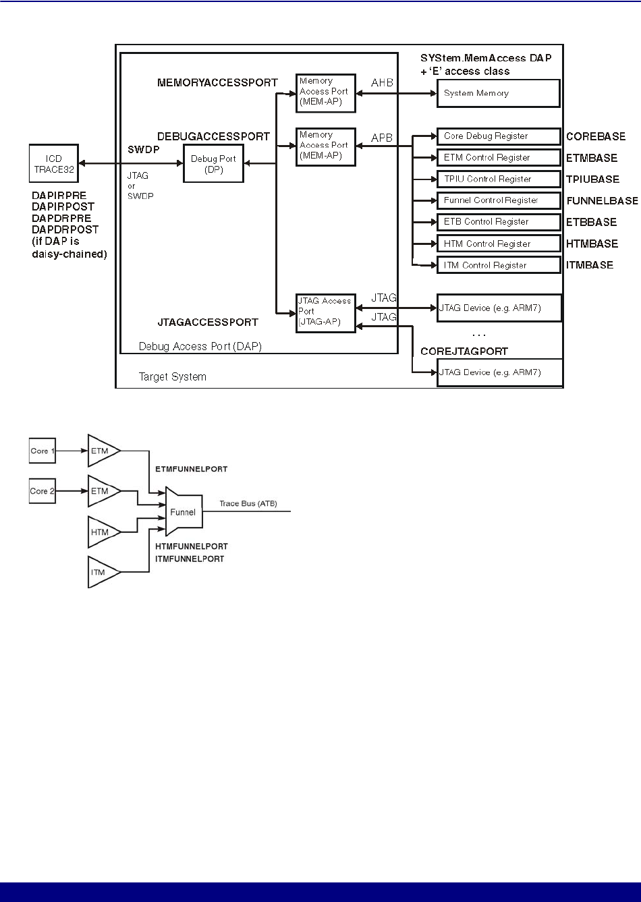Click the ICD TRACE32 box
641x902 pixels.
point(53,163)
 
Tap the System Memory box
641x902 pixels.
point(498,93)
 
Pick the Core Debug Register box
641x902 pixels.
point(498,136)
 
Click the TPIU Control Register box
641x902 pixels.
point(498,179)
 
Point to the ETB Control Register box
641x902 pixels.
point(498,222)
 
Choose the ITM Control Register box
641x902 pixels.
point(498,265)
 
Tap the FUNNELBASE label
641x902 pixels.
point(602,200)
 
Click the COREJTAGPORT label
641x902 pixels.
point(464,351)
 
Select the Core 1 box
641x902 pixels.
point(40,451)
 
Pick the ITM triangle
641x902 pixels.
point(101,573)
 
